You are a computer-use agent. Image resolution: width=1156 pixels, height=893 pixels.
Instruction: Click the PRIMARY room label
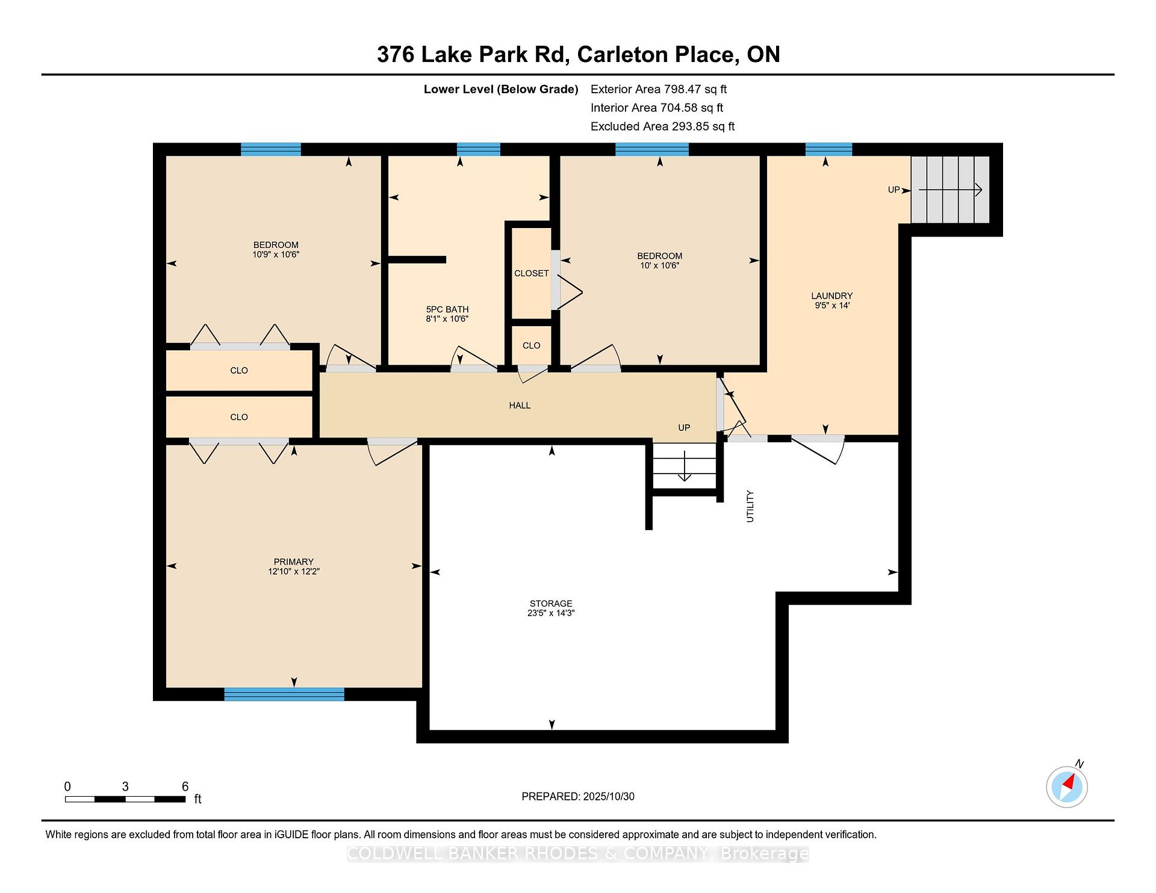293,562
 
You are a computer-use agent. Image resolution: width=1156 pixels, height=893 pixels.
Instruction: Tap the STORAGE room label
551,604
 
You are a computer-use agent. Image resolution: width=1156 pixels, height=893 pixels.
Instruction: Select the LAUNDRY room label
831,296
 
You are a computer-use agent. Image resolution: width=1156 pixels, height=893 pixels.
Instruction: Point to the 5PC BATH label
447,309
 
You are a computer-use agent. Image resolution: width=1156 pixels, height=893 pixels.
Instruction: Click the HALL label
520,406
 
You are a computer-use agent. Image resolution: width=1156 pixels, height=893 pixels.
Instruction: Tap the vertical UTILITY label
750,506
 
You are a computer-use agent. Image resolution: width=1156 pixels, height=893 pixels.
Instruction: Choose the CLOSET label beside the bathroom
531,273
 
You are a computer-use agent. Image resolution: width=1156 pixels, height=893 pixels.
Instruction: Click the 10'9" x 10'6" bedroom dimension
276,255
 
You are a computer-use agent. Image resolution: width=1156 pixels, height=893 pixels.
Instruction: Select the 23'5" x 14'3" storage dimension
551,613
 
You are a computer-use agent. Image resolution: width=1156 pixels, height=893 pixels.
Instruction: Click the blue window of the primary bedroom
284,694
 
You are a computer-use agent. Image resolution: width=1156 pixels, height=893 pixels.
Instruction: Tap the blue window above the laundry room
828,149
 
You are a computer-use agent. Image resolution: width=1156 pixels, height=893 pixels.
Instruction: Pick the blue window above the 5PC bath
479,149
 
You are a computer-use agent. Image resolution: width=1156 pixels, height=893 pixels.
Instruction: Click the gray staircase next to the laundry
949,190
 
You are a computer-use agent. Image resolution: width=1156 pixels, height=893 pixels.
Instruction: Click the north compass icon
1067,786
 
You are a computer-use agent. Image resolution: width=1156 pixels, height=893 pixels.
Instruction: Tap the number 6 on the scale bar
185,786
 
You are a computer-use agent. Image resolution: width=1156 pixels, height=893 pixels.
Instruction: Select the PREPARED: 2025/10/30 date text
578,797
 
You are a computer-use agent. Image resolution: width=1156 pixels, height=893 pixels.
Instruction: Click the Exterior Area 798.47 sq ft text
659,89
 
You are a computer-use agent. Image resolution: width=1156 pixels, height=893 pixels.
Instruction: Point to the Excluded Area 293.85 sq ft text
663,126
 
